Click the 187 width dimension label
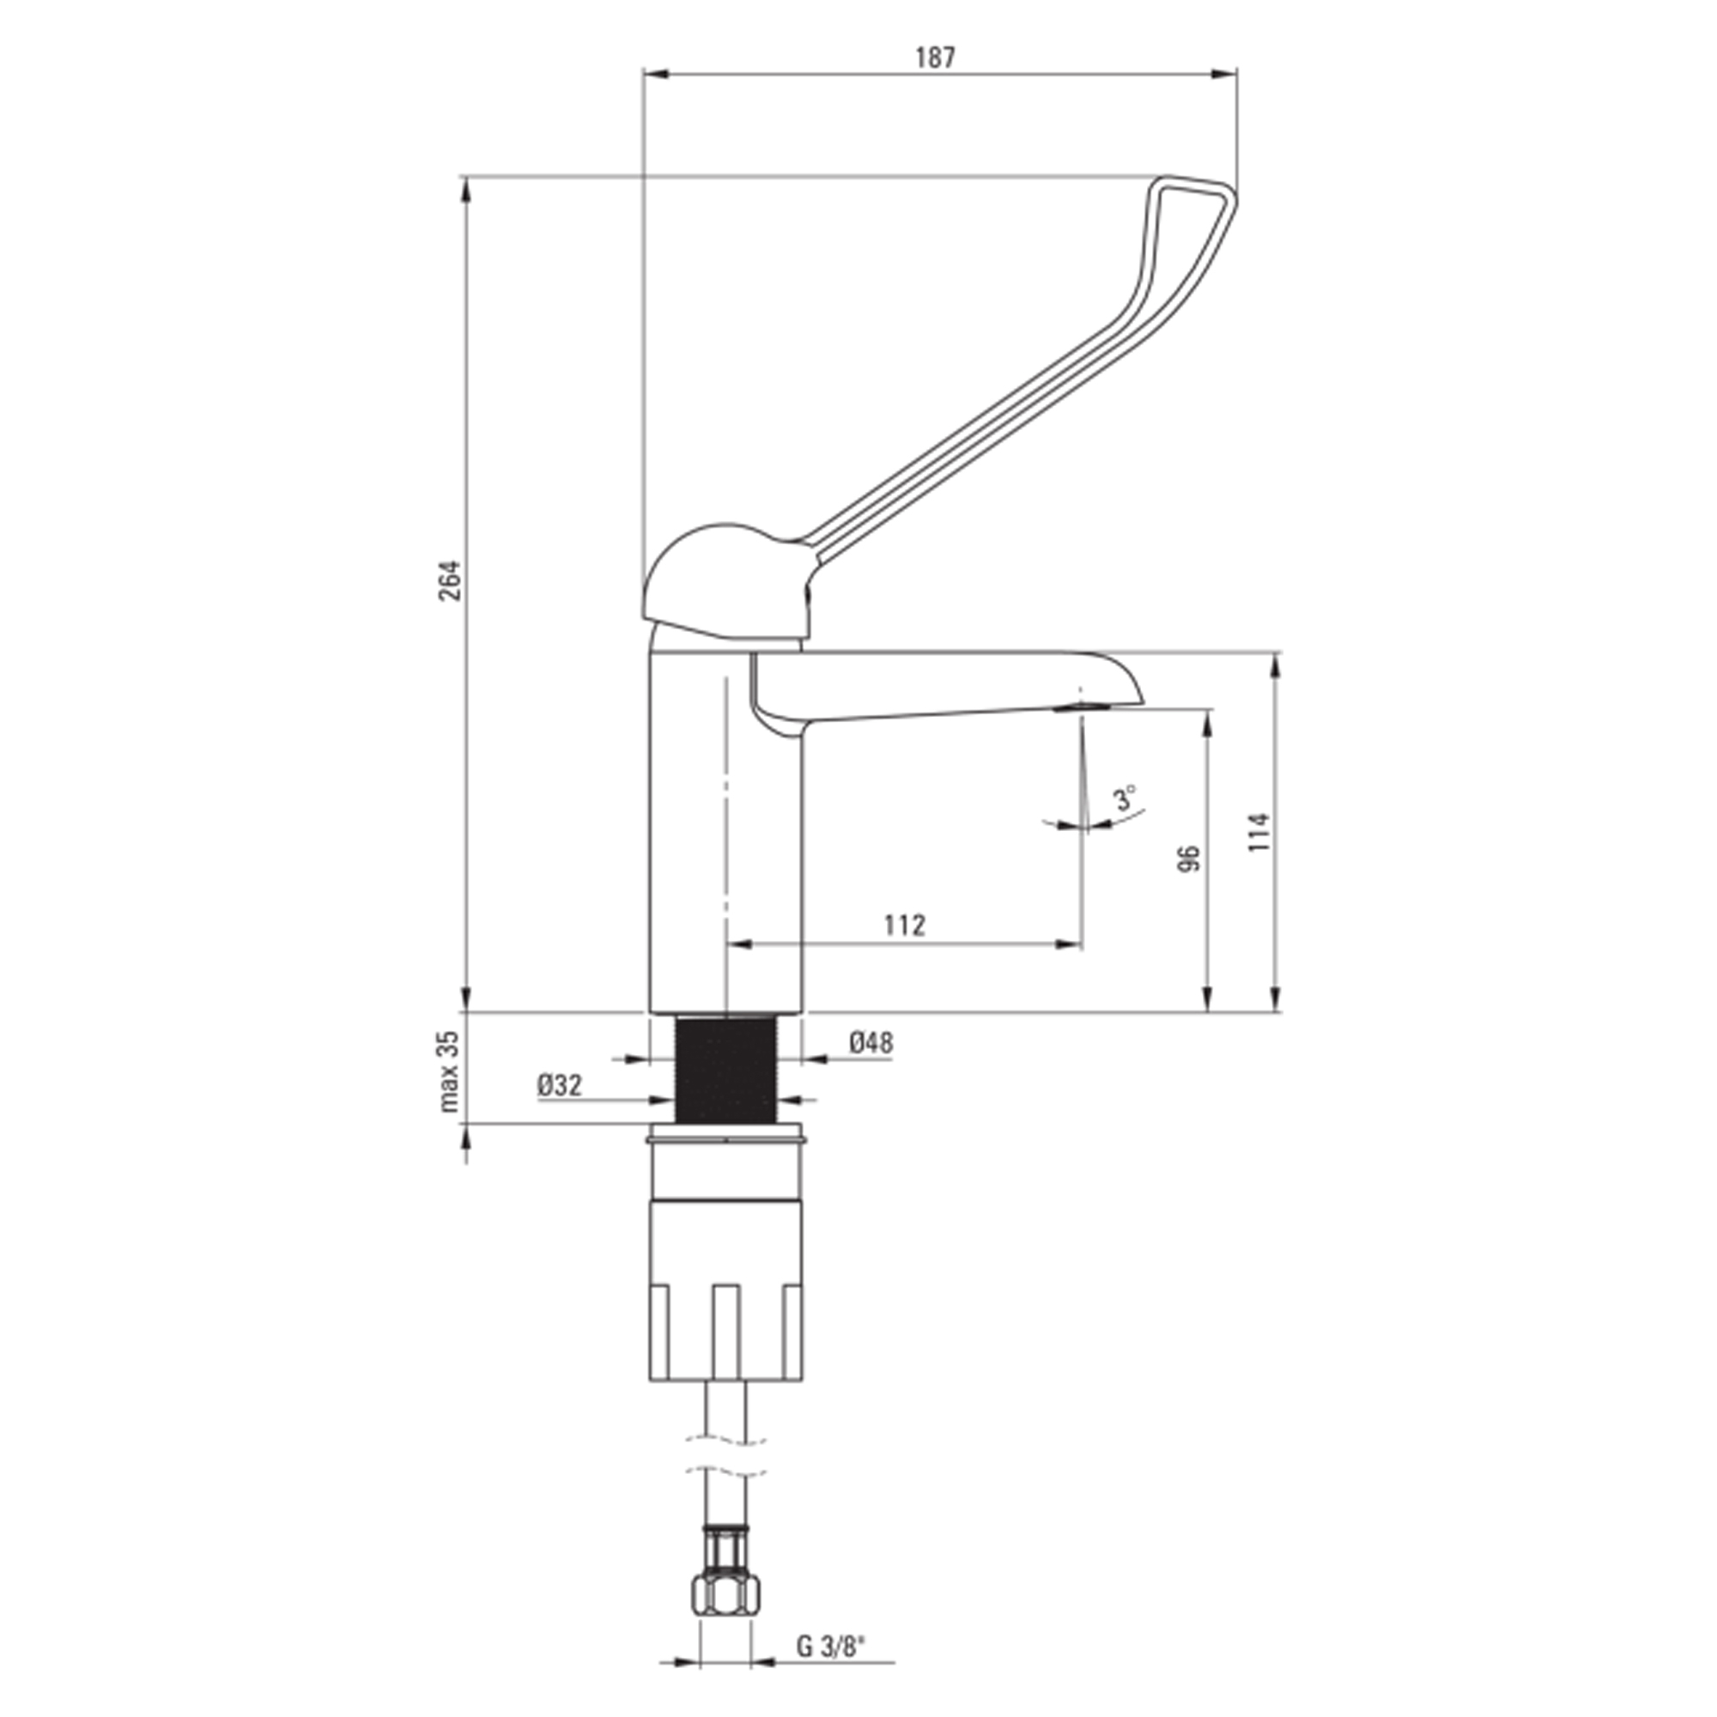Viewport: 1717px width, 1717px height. pyautogui.click(x=935, y=58)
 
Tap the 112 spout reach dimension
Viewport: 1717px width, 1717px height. pyautogui.click(x=905, y=925)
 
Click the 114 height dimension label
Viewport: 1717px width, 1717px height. pyautogui.click(x=1259, y=833)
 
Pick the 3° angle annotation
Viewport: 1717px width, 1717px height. pyautogui.click(x=1126, y=798)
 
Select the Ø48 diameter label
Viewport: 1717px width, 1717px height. pyautogui.click(x=871, y=1042)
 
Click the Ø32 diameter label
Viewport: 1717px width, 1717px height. pyautogui.click(x=560, y=1085)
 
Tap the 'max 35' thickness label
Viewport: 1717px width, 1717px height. pyautogui.click(x=451, y=1071)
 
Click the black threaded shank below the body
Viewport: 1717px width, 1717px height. pyautogui.click(x=727, y=1069)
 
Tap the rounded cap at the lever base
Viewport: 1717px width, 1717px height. pyautogui.click(x=725, y=582)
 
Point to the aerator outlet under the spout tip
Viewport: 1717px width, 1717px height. pyautogui.click(x=1082, y=707)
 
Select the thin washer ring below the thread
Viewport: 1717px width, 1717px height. pyautogui.click(x=727, y=1134)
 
